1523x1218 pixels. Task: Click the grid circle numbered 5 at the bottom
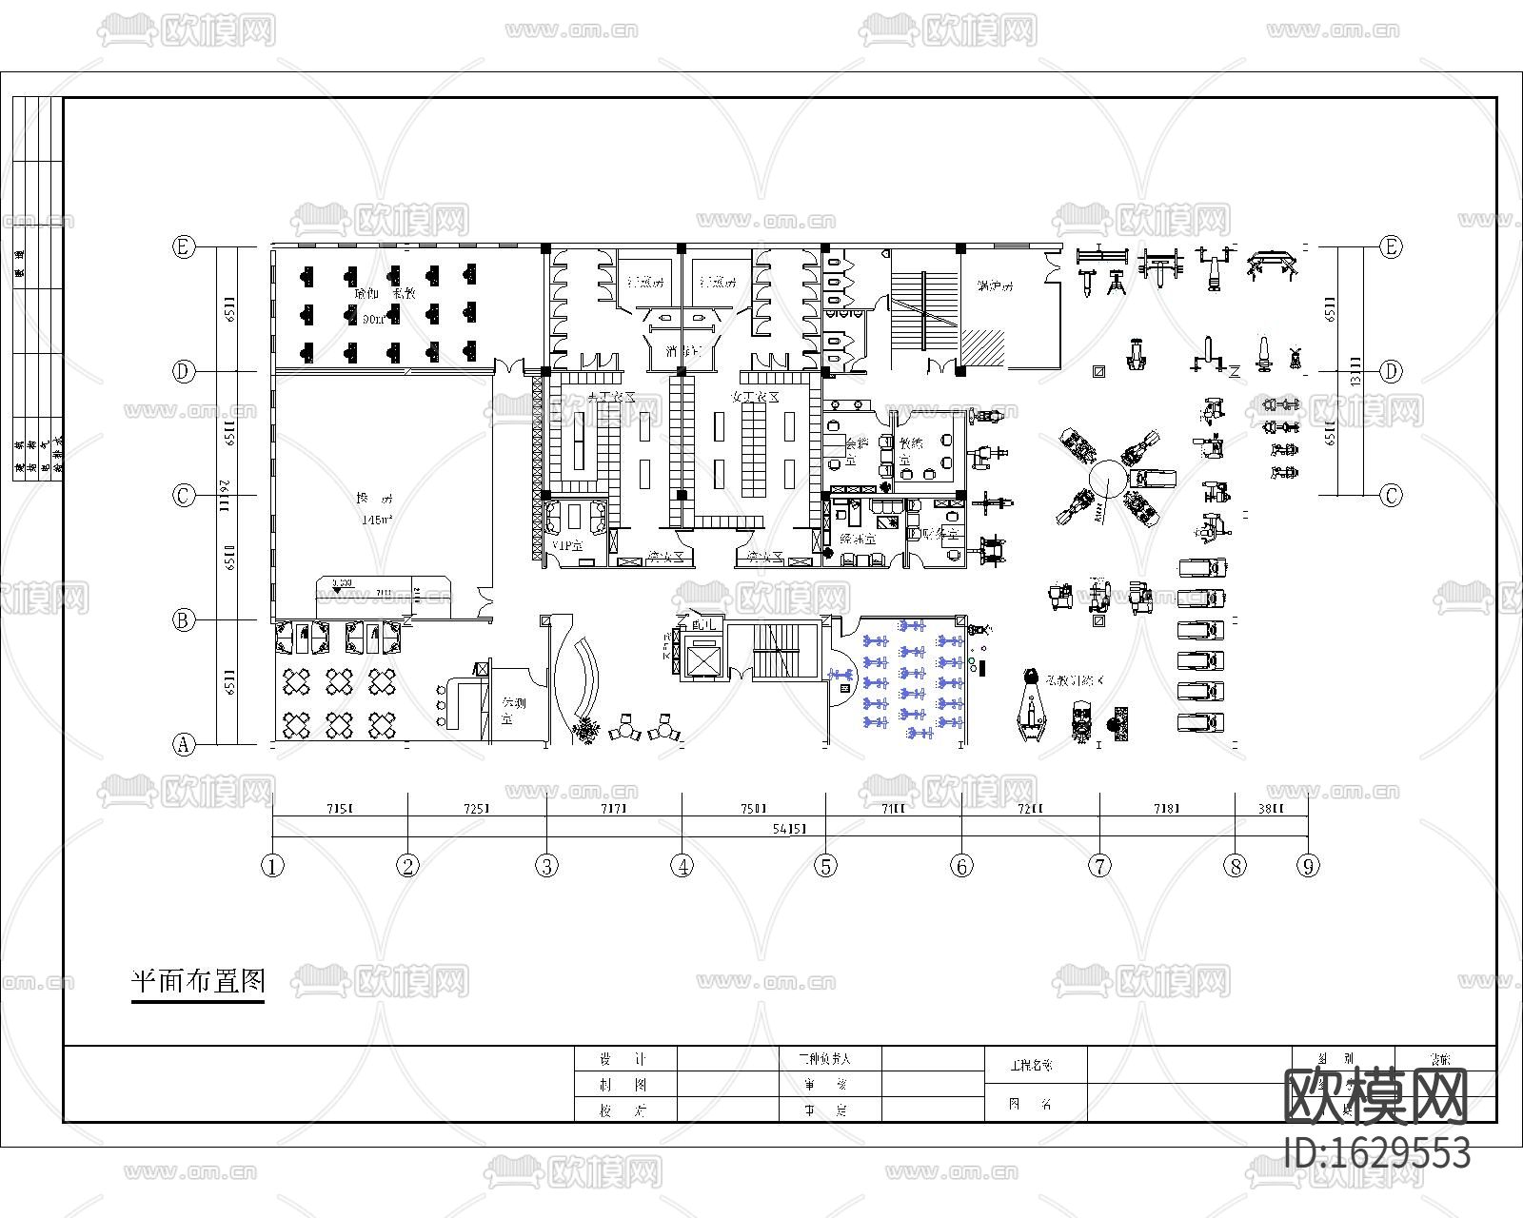825,866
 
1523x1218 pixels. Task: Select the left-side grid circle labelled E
184,247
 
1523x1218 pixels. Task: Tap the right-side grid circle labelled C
1392,496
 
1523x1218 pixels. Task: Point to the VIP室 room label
567,545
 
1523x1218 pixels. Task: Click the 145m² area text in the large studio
377,521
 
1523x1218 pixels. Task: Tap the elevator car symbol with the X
702,658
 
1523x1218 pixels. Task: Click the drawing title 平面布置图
198,981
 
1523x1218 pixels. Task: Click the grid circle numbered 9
1309,866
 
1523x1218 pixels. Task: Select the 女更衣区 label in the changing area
754,397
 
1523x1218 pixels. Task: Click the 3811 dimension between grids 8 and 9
1271,809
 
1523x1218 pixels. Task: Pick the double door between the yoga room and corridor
509,366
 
